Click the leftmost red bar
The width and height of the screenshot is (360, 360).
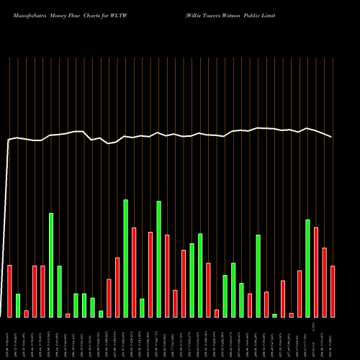[x=10, y=291]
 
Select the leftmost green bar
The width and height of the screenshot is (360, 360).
[x=18, y=305]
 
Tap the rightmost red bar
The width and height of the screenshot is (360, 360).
[x=333, y=291]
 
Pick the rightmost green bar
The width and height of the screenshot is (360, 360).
[x=307, y=268]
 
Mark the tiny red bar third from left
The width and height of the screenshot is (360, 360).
[x=27, y=313]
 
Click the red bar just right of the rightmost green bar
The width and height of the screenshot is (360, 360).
[x=316, y=271]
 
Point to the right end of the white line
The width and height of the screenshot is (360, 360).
[x=332, y=137]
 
